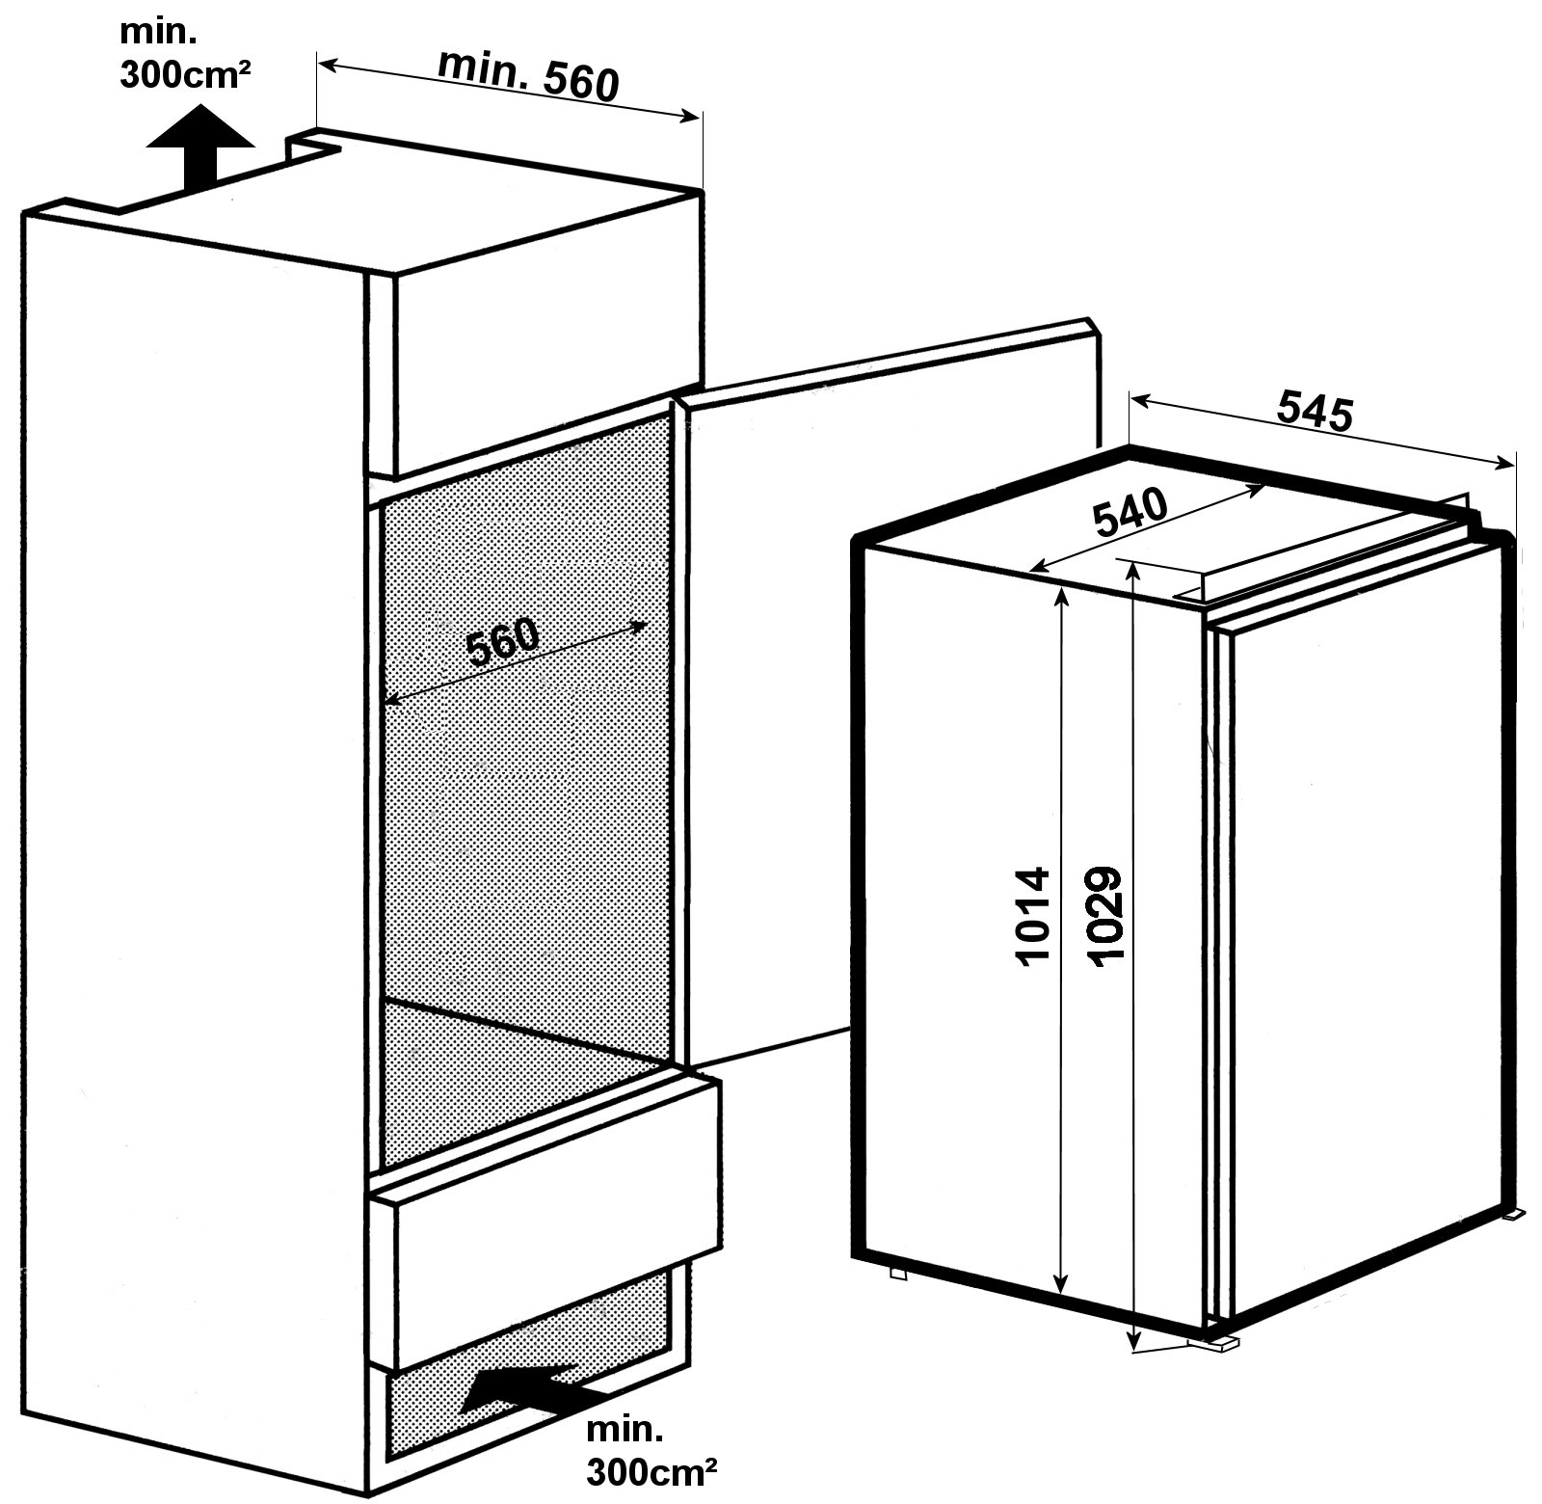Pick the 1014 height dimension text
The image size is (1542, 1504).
(1031, 916)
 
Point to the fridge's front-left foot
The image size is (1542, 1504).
(899, 1273)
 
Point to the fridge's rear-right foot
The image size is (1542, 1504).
(1515, 1216)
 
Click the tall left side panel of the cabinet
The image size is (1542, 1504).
(193, 819)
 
